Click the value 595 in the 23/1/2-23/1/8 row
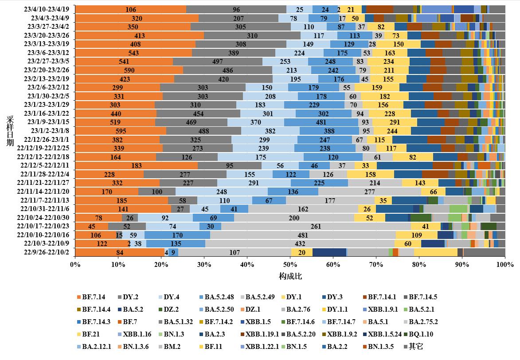[121, 131]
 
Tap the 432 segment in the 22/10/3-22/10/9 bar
[300, 243]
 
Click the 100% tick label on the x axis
[505, 264]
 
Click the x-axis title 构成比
[290, 276]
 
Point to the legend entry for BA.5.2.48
[218, 297]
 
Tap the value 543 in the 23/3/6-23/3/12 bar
[133, 52]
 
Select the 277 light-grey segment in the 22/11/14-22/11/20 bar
[370, 192]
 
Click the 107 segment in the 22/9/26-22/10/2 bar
[235, 252]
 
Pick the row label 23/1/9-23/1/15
[49, 122]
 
